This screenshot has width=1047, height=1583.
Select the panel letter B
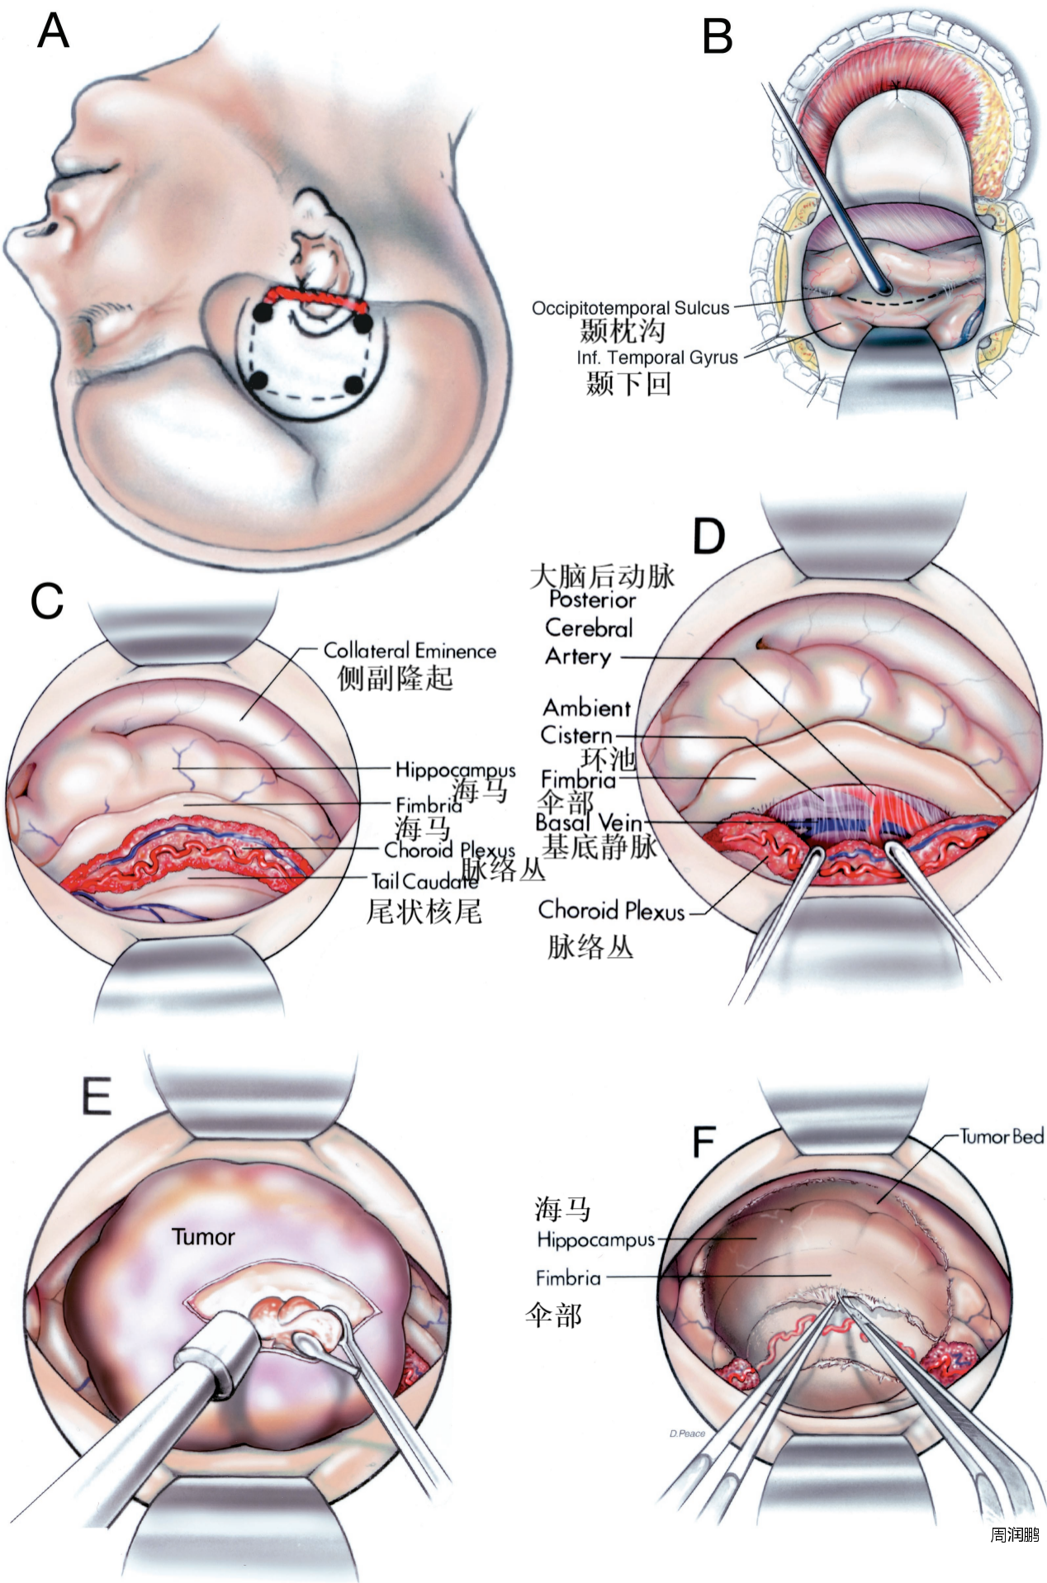point(718,37)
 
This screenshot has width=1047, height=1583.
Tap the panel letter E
point(97,1097)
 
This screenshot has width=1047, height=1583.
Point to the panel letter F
point(703,1142)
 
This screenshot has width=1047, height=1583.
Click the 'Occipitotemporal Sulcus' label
point(630,309)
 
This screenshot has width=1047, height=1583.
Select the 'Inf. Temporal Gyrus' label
point(657,358)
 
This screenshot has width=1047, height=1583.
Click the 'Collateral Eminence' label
point(410,651)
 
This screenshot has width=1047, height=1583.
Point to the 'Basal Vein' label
point(588,822)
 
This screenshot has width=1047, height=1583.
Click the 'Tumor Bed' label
point(1001,1137)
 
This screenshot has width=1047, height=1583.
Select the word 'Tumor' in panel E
point(203,1237)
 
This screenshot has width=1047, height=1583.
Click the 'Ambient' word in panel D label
point(586,708)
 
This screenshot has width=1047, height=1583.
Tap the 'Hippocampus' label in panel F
point(595,1239)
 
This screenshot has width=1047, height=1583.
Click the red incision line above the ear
point(314,297)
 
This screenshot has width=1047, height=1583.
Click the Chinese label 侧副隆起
point(395,678)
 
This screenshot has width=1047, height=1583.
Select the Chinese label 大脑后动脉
point(602,576)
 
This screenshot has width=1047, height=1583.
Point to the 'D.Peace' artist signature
point(687,1434)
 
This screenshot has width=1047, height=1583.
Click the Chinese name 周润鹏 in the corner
point(1014,1558)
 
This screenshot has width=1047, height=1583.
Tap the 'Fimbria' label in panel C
point(429,804)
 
